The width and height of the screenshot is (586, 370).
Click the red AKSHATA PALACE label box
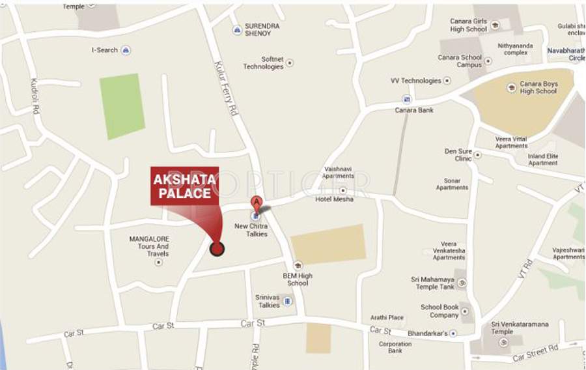[x=184, y=185]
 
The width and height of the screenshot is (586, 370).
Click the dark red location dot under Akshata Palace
[x=217, y=248]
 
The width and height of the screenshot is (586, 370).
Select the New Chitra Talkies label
[x=251, y=230]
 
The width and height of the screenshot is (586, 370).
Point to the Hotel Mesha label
[x=334, y=199]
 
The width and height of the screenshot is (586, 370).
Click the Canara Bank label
[x=414, y=110]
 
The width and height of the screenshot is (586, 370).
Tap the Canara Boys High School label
[x=538, y=87]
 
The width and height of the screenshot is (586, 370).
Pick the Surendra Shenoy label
[x=262, y=29]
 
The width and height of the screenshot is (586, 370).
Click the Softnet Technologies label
[x=263, y=63]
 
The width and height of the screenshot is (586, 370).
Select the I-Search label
[x=105, y=50]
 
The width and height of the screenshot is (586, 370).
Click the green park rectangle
[x=122, y=106]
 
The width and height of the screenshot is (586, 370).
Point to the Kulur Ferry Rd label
[x=227, y=88]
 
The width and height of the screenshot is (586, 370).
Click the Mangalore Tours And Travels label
[x=149, y=246]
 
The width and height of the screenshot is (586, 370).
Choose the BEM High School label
[x=298, y=279]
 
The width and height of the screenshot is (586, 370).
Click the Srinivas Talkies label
[x=268, y=300]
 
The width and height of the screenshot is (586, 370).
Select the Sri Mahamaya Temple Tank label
[x=433, y=283]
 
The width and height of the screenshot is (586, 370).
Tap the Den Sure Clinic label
[x=458, y=154]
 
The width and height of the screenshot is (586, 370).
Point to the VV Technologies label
[x=416, y=81]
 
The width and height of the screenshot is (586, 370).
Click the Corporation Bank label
[x=395, y=347]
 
